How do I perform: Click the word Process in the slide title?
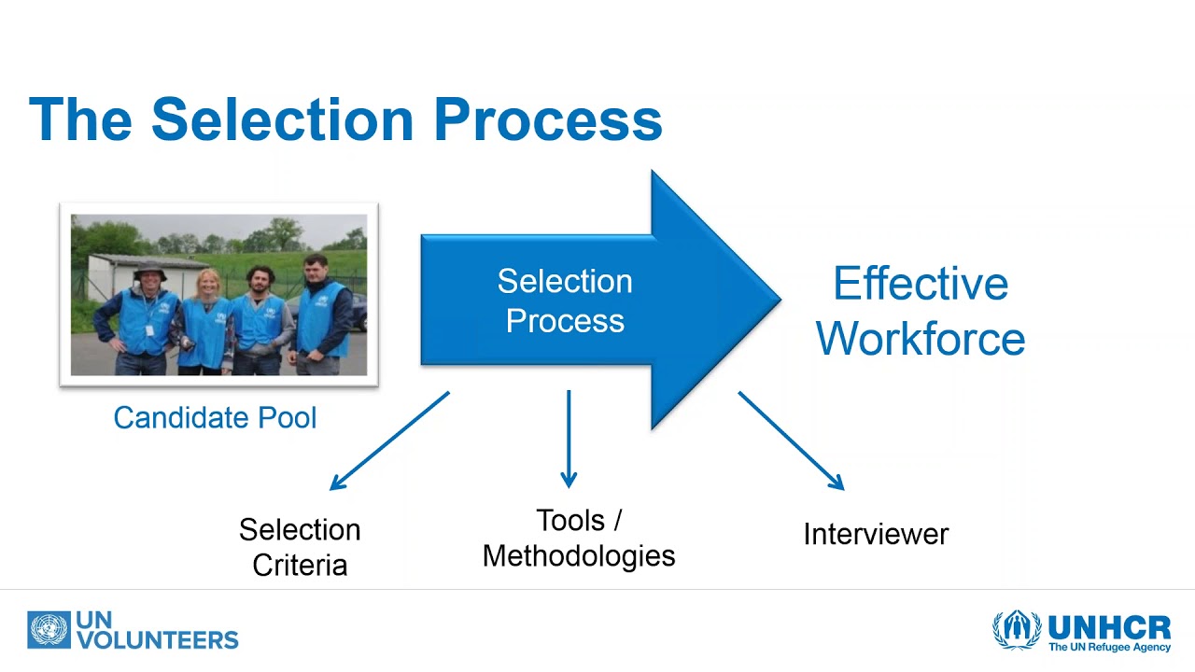547,119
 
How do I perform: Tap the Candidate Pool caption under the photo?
215,417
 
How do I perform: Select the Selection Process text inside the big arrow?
565,301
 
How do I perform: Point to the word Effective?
921,284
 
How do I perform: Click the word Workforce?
921,338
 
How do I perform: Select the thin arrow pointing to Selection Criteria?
389,441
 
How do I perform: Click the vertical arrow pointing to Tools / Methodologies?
568,439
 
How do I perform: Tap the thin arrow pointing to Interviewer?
791,440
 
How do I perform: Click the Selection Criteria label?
300,547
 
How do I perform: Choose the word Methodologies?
579,556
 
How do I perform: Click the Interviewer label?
876,534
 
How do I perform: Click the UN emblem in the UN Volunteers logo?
49,630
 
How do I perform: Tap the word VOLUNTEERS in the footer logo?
158,640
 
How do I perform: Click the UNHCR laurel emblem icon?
1017,630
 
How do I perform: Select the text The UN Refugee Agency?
1109,647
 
